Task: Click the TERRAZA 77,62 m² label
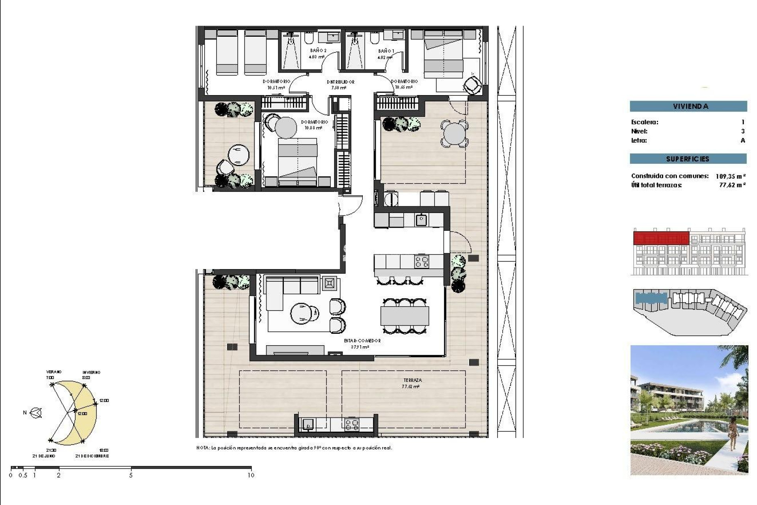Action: pyautogui.click(x=412, y=383)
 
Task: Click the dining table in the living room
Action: pyautogui.click(x=405, y=316)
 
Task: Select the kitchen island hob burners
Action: pyautogui.click(x=421, y=262)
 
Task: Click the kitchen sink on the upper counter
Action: pyautogui.click(x=421, y=220)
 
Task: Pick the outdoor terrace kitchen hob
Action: pyautogui.click(x=352, y=425)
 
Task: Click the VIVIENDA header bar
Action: pyautogui.click(x=688, y=106)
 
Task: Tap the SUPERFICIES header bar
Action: pyautogui.click(x=688, y=159)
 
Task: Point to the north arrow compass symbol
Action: pyautogui.click(x=36, y=413)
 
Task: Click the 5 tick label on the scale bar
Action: pyautogui.click(x=131, y=475)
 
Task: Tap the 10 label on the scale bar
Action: pyautogui.click(x=251, y=475)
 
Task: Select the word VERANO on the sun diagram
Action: pyautogui.click(x=54, y=372)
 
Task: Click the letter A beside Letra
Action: pyautogui.click(x=743, y=140)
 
